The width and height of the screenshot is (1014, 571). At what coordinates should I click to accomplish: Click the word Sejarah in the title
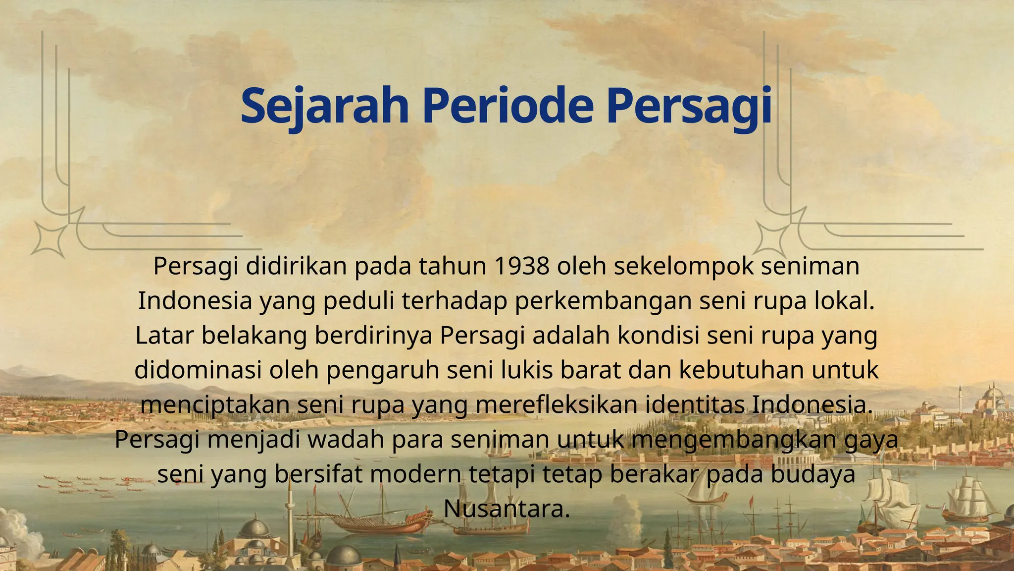(324, 106)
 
